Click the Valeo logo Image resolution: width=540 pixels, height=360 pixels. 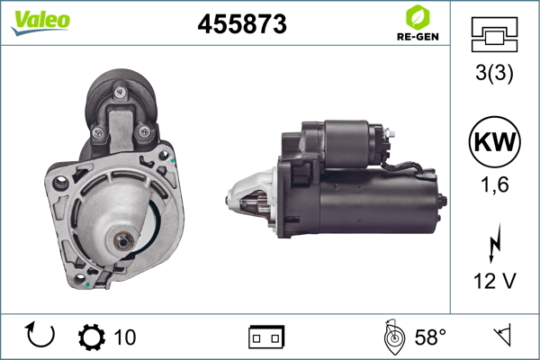tap(40, 22)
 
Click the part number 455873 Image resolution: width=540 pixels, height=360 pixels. tap(242, 24)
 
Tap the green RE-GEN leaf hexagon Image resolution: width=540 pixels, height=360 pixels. tap(418, 17)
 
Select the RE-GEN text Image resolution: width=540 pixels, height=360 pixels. tap(418, 37)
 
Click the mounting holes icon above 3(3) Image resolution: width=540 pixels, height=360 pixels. tap(494, 34)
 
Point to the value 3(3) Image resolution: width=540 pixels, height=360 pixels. tap(494, 73)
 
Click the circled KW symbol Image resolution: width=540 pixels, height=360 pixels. tap(494, 141)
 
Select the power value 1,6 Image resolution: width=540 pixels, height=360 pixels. tap(494, 184)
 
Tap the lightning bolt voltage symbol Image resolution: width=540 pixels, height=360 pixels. tap(495, 243)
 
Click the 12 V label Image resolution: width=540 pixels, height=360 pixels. tap(495, 281)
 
